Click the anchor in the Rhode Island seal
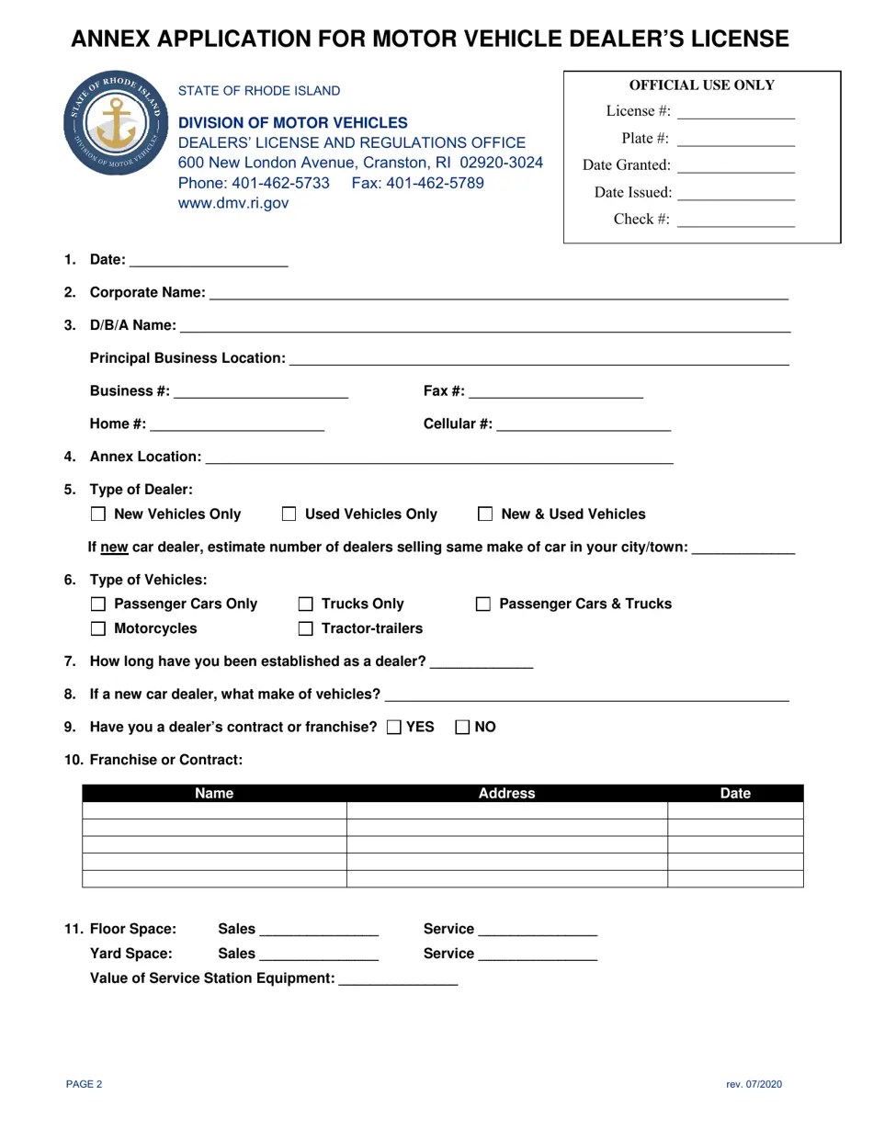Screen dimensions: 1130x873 [116, 125]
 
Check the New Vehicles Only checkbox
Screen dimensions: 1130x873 [98, 514]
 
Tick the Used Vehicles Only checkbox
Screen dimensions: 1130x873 [289, 514]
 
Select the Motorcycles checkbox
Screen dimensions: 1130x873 [98, 629]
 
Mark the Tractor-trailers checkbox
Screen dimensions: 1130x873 [306, 629]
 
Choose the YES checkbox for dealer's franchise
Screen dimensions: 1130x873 [394, 728]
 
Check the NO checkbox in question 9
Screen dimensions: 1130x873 [463, 728]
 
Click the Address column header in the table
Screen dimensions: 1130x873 [506, 794]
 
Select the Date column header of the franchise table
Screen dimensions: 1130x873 [735, 794]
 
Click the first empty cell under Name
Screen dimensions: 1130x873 [214, 810]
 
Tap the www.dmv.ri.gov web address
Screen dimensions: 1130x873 [232, 203]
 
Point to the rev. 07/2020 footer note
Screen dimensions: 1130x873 [754, 1084]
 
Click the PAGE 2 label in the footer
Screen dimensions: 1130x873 [85, 1084]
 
